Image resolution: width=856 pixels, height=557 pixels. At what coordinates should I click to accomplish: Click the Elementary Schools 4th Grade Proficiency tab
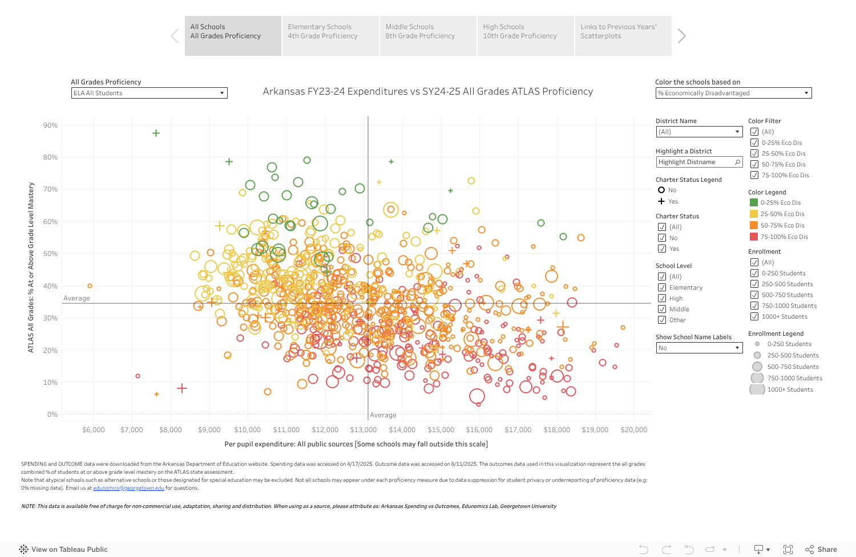pos(330,36)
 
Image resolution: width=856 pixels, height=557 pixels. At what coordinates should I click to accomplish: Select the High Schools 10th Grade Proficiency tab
pos(525,36)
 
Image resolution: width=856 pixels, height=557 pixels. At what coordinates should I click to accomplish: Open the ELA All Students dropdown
pos(149,93)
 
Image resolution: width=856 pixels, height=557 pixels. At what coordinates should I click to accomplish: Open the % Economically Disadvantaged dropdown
pos(733,93)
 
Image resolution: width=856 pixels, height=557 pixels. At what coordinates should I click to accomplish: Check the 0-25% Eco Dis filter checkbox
pos(754,143)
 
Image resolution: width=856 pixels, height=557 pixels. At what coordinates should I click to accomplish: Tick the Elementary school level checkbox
pos(662,287)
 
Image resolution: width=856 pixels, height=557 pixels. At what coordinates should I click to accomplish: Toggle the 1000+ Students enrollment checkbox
pos(754,316)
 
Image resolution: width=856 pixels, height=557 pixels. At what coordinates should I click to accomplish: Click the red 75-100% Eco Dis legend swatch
pos(753,237)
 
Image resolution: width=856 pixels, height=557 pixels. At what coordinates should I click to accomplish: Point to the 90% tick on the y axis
pos(50,125)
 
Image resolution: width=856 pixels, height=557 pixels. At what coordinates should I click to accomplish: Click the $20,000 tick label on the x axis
pos(633,430)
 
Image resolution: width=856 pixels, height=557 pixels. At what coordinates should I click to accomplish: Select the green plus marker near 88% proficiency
pos(156,133)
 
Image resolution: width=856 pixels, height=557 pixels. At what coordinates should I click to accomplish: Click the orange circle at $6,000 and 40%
pos(90,286)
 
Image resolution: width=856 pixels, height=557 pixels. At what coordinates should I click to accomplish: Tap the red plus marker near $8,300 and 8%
pos(182,388)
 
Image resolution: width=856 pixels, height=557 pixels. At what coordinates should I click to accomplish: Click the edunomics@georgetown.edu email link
pos(128,488)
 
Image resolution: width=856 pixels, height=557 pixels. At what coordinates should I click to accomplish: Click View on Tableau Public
pos(69,550)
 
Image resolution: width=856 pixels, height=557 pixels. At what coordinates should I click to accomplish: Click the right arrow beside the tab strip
pos(681,36)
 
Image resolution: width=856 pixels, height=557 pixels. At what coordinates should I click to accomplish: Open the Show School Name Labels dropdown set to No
pos(698,348)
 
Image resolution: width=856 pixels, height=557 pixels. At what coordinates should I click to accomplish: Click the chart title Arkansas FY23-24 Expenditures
pos(427,92)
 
